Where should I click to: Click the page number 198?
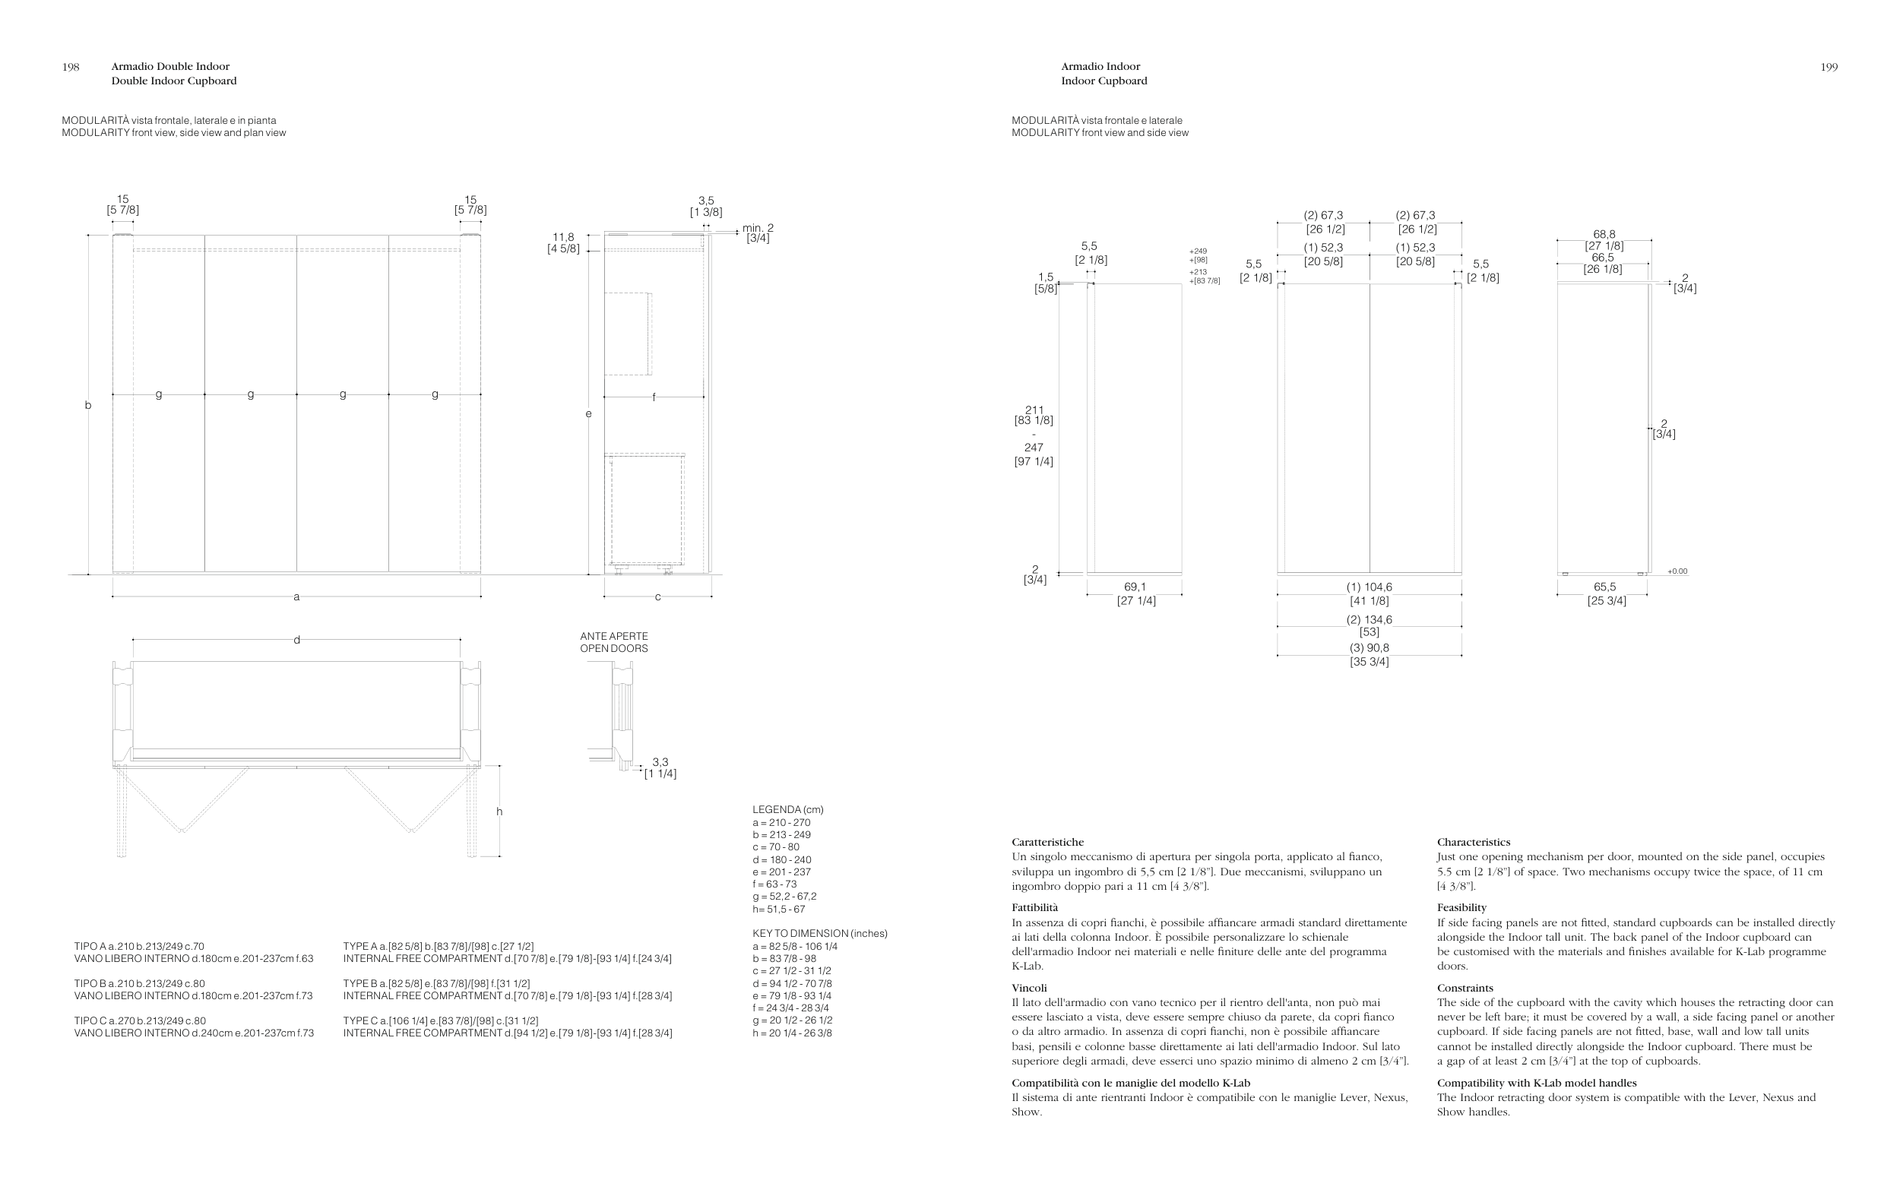pos(71,67)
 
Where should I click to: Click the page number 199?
pos(1829,67)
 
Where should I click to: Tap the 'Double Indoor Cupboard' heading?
pos(173,81)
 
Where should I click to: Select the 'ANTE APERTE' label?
pos(613,636)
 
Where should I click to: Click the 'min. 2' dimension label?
pos(758,228)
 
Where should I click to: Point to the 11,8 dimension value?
pos(563,237)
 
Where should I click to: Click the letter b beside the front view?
pos(88,406)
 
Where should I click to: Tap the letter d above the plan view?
pos(296,640)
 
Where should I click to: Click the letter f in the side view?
pos(654,397)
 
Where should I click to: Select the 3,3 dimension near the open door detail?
pos(660,762)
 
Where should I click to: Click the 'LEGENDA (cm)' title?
pos(787,809)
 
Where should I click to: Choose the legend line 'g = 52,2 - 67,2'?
pos(784,896)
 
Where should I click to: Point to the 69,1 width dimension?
pos(1135,587)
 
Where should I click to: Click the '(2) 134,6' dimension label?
pos(1370,619)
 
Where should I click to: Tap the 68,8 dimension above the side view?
pos(1604,234)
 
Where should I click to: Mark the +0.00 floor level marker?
pos(1677,571)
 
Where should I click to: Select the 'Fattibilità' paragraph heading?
pos(1034,908)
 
